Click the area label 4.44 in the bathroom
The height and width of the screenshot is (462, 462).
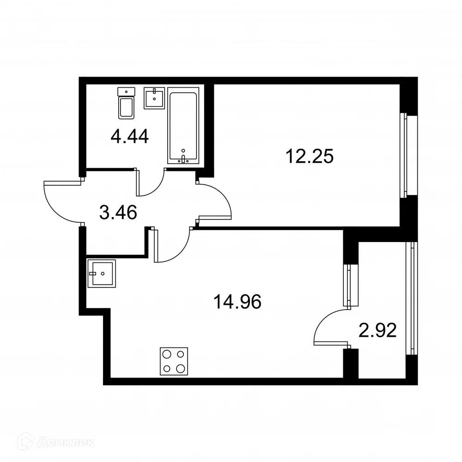pyautogui.click(x=129, y=137)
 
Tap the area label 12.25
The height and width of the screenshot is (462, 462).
pyautogui.click(x=310, y=157)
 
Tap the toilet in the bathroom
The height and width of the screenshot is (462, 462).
pyautogui.click(x=126, y=103)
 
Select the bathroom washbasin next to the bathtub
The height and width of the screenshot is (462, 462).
pyautogui.click(x=154, y=98)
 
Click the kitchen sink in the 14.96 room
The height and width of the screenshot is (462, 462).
pyautogui.click(x=102, y=273)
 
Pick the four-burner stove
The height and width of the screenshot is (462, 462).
pyautogui.click(x=174, y=361)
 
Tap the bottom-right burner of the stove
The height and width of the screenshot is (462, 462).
pyautogui.click(x=182, y=369)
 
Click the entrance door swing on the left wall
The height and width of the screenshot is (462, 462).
pyautogui.click(x=60, y=201)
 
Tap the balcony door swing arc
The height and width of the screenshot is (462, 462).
pyautogui.click(x=329, y=328)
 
